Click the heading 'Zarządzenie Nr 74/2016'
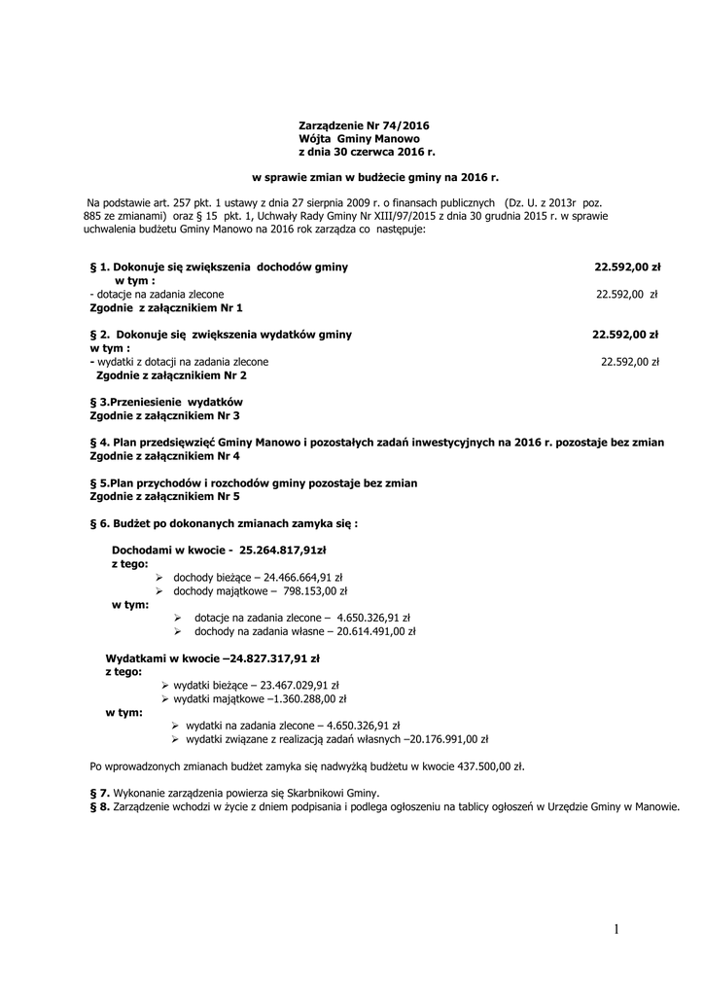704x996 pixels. pyautogui.click(x=363, y=125)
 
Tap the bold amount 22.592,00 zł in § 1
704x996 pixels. pyautogui.click(x=628, y=266)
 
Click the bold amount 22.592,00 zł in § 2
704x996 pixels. pyautogui.click(x=626, y=334)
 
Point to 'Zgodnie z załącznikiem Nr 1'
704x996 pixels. pyautogui.click(x=165, y=307)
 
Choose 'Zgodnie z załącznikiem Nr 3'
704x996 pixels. pyautogui.click(x=165, y=415)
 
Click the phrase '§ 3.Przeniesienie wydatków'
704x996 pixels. pyautogui.click(x=165, y=401)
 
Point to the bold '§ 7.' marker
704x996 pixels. pyautogui.click(x=99, y=793)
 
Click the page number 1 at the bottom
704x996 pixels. pyautogui.click(x=616, y=930)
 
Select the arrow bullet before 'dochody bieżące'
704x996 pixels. pyautogui.click(x=160, y=577)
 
